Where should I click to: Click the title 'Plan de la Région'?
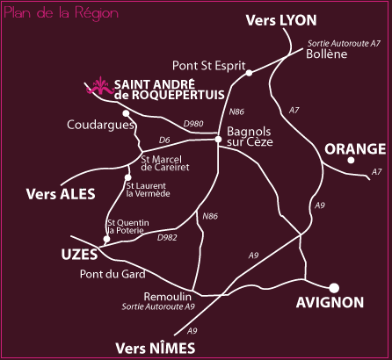tap(62, 13)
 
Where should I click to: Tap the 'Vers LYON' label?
tap(281, 20)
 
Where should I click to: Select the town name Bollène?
tap(327, 54)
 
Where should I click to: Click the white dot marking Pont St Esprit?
tap(249, 73)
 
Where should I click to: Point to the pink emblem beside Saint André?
tap(100, 86)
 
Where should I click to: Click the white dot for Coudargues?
tap(126, 113)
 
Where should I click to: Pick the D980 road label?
tap(193, 124)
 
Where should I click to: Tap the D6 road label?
tap(164, 140)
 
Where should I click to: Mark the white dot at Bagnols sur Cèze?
tap(218, 139)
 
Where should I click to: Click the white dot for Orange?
tap(351, 160)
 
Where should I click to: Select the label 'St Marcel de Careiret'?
tap(165, 163)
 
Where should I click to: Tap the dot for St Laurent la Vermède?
tap(127, 177)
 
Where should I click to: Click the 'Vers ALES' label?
tap(61, 194)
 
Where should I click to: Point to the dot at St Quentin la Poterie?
tap(106, 239)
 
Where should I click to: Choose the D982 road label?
tap(167, 237)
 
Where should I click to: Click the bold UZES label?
tap(79, 255)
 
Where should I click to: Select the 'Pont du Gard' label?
tap(113, 274)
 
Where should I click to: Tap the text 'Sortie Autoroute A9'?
tap(158, 306)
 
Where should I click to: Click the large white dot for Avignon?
tap(334, 288)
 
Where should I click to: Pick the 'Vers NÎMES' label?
tap(156, 349)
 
